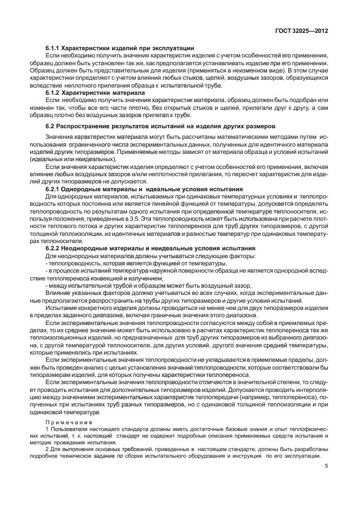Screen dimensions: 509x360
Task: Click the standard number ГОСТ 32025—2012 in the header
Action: coord(300,31)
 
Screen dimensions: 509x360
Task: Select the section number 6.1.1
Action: coord(52,49)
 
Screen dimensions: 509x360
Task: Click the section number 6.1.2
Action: coord(52,93)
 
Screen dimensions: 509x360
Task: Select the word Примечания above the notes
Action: coord(64,423)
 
